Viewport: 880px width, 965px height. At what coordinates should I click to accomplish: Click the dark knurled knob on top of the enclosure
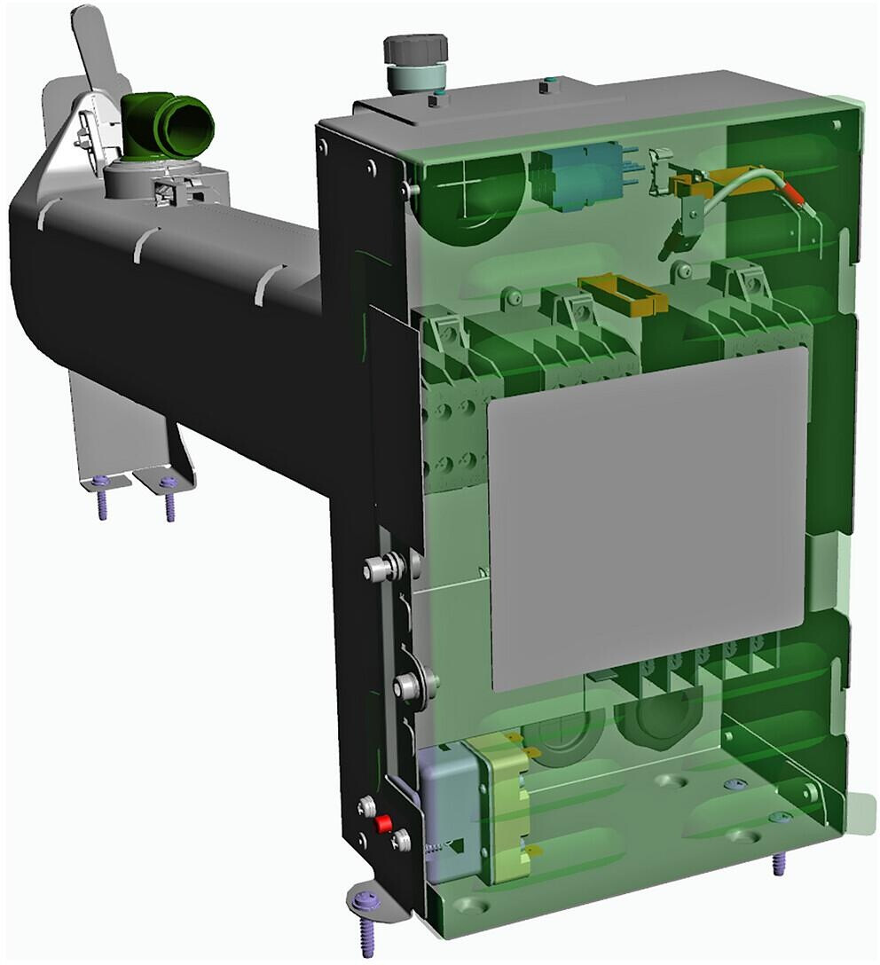[414, 49]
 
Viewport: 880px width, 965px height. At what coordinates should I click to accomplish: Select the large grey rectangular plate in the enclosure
[648, 519]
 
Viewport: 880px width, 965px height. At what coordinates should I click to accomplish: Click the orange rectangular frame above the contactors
[620, 294]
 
